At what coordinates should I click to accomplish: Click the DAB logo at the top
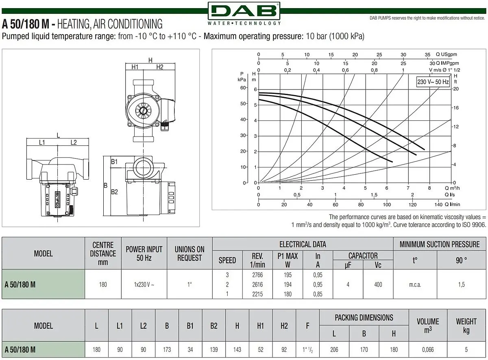(x=244, y=13)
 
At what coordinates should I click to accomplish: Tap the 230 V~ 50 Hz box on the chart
(x=433, y=82)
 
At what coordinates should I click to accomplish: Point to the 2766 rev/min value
(x=257, y=275)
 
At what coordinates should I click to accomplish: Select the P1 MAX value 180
(x=288, y=294)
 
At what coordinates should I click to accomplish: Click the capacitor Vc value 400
(x=378, y=284)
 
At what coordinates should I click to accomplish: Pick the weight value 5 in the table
(x=466, y=349)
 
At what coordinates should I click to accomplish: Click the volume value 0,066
(x=428, y=349)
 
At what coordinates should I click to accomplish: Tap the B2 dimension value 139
(x=213, y=349)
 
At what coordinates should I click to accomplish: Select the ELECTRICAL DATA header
(x=303, y=244)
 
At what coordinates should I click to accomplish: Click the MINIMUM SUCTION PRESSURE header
(x=439, y=244)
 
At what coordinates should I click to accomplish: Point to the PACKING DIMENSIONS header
(x=364, y=318)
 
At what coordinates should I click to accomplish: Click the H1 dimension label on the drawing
(x=135, y=67)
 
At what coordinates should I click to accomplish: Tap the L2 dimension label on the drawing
(x=74, y=143)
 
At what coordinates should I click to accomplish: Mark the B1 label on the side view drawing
(x=114, y=162)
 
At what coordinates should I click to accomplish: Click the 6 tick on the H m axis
(x=255, y=89)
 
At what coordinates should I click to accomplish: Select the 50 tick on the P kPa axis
(x=243, y=104)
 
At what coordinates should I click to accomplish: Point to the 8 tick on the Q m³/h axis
(x=429, y=188)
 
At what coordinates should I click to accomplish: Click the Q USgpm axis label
(x=447, y=54)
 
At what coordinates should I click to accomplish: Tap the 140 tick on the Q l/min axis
(x=438, y=204)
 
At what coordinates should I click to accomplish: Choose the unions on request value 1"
(x=190, y=284)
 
